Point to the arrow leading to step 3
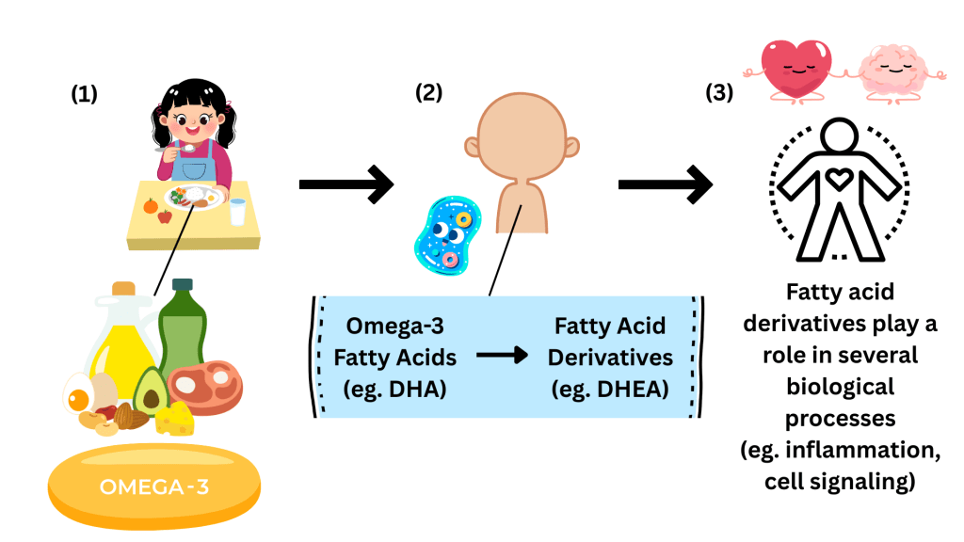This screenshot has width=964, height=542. pos(664,183)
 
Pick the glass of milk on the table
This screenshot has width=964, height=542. pos(238,212)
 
